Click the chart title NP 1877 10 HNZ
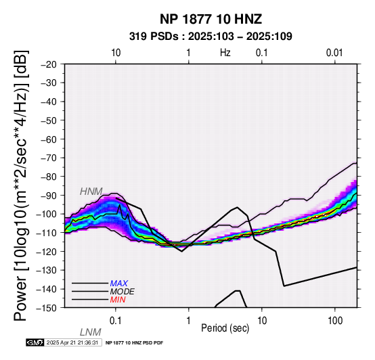click(211, 19)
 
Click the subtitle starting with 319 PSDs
click(211, 37)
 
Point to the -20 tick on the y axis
click(49, 64)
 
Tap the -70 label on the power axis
click(49, 158)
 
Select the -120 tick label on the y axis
click(47, 252)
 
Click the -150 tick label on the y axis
click(47, 308)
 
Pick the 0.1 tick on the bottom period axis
click(115, 321)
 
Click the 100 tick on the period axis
click(335, 321)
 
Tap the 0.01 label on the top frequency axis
click(334, 53)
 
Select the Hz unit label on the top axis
click(225, 53)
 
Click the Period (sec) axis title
click(225, 328)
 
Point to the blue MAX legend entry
click(119, 284)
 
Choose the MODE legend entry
click(123, 292)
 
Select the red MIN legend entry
click(118, 300)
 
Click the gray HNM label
click(91, 192)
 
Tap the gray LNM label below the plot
click(91, 332)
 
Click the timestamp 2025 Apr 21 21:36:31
click(72, 342)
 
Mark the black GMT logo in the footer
click(35, 342)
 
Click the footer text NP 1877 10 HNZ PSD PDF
click(134, 343)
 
